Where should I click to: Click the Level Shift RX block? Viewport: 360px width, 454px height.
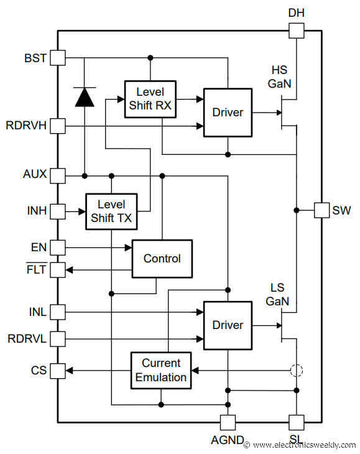point(150,99)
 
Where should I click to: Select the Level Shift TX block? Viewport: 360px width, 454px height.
point(112,211)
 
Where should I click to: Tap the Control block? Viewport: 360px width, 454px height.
point(162,258)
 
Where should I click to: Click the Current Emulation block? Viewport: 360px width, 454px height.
point(161,371)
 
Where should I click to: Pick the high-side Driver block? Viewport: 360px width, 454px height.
point(228,113)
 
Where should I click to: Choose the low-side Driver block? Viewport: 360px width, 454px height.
point(228,325)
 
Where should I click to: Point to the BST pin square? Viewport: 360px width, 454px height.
point(57,58)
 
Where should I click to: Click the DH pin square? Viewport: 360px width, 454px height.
point(297,30)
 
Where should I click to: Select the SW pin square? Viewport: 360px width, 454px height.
point(321,210)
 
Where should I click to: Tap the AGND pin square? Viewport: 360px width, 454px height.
point(228,422)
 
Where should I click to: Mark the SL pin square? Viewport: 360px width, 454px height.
point(297,422)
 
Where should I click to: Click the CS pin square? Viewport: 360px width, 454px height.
point(57,371)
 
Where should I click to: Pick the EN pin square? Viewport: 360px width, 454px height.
point(57,248)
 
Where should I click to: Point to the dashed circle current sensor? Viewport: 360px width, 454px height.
point(297,371)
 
